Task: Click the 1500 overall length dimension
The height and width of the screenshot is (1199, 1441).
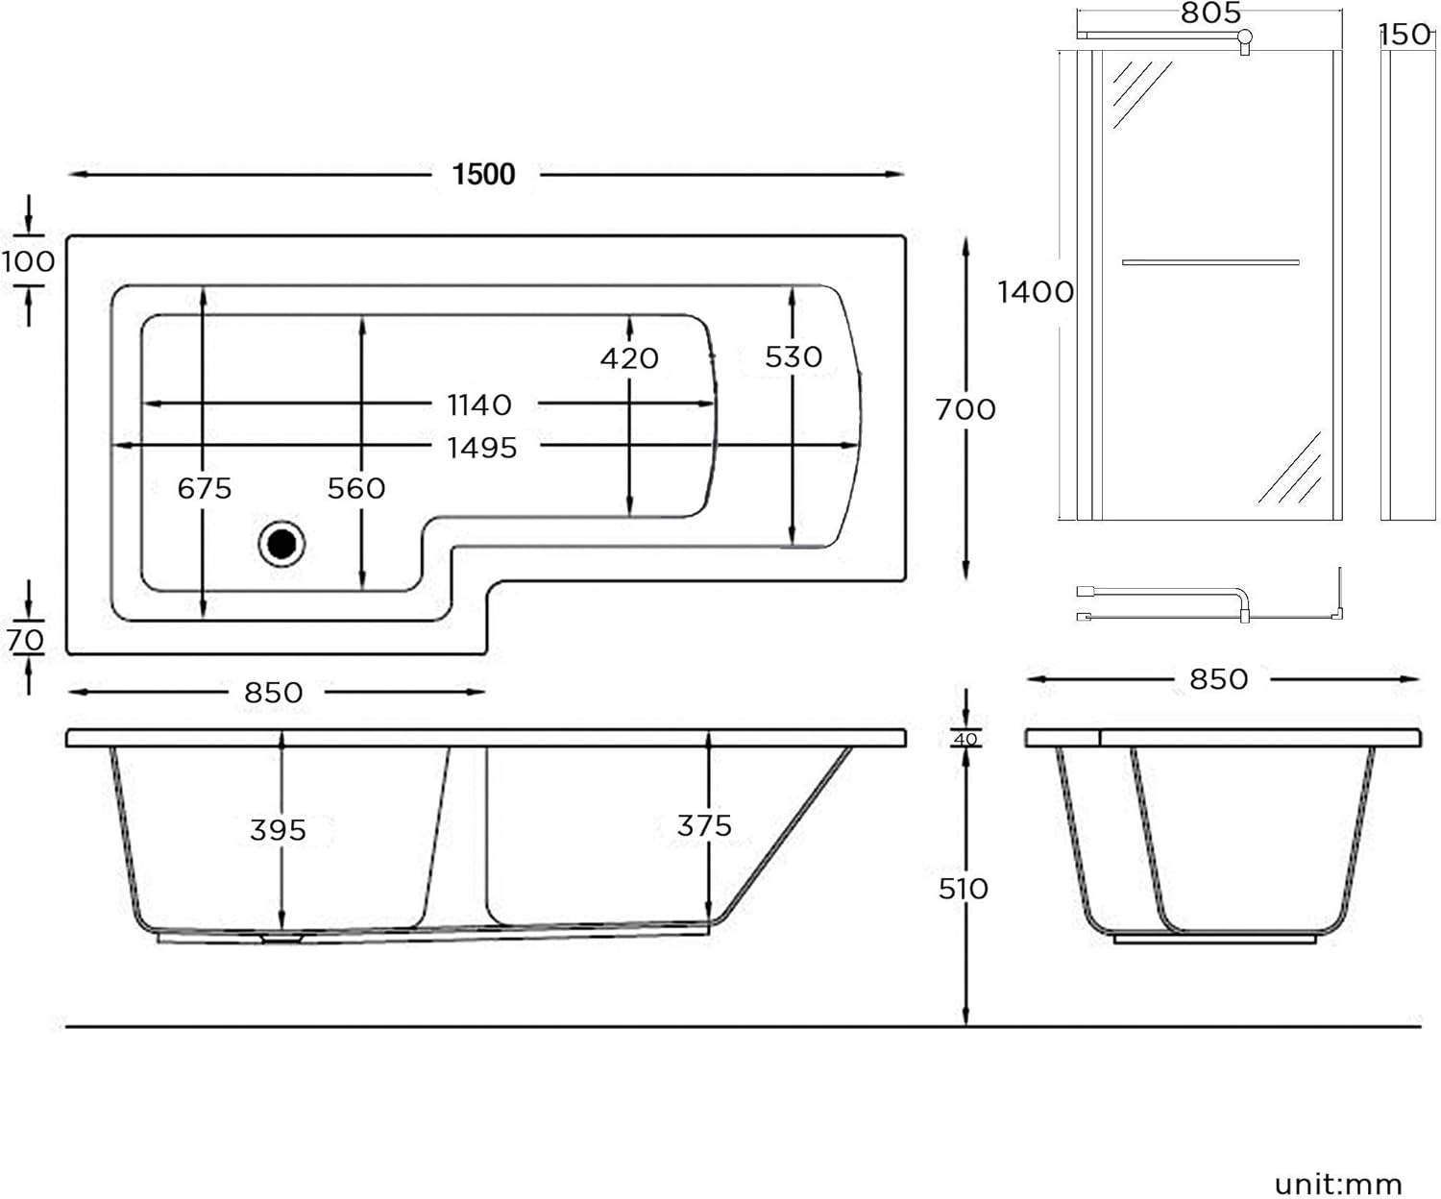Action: pyautogui.click(x=484, y=174)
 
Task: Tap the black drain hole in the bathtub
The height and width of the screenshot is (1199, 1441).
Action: pyautogui.click(x=281, y=544)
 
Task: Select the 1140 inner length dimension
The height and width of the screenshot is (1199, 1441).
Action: pyautogui.click(x=479, y=404)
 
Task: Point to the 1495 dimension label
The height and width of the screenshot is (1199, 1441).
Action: pyautogui.click(x=482, y=448)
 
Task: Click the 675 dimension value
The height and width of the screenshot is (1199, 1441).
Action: pyautogui.click(x=205, y=488)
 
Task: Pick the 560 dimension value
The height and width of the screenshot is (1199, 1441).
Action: pyautogui.click(x=356, y=488)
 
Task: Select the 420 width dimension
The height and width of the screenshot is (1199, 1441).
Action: pyautogui.click(x=629, y=358)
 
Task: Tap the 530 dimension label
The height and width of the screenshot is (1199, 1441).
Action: pyautogui.click(x=794, y=356)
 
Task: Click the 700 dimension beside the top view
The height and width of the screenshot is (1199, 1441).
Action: pyautogui.click(x=965, y=409)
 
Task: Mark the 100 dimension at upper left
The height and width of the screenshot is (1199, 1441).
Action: pyautogui.click(x=28, y=261)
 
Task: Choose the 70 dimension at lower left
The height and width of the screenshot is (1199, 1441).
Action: pyautogui.click(x=26, y=639)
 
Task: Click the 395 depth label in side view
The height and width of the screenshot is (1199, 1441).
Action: pyautogui.click(x=278, y=829)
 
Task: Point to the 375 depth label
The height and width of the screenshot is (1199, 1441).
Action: pyautogui.click(x=704, y=825)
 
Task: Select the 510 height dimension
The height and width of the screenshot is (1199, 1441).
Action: pyautogui.click(x=963, y=889)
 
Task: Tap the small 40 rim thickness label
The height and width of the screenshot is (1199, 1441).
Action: pyautogui.click(x=965, y=739)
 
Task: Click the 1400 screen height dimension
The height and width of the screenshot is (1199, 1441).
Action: pyautogui.click(x=1035, y=291)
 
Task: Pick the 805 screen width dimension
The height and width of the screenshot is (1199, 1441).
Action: pyautogui.click(x=1210, y=12)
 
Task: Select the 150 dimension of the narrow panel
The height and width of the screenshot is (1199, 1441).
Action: pyautogui.click(x=1405, y=35)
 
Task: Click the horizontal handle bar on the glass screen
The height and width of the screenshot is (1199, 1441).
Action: pyautogui.click(x=1210, y=262)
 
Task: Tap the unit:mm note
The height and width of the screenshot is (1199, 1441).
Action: pyautogui.click(x=1338, y=1184)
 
